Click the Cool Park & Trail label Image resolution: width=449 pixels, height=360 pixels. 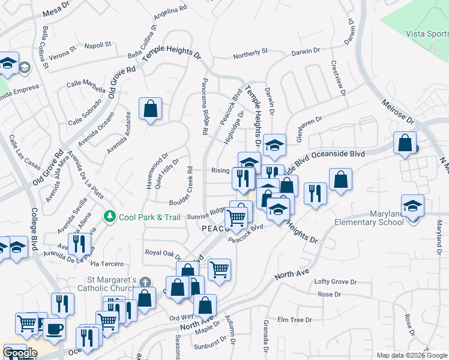[x=149, y=217]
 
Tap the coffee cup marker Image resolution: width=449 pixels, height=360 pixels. [x=54, y=329]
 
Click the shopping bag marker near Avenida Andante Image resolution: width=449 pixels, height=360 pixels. [x=150, y=109]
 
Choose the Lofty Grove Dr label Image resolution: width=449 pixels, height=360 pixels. [x=336, y=281]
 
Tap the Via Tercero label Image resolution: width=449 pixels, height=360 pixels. [x=107, y=264]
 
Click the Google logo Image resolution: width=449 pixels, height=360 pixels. [x=19, y=352]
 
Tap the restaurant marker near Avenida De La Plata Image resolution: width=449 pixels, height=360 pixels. [x=79, y=243]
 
